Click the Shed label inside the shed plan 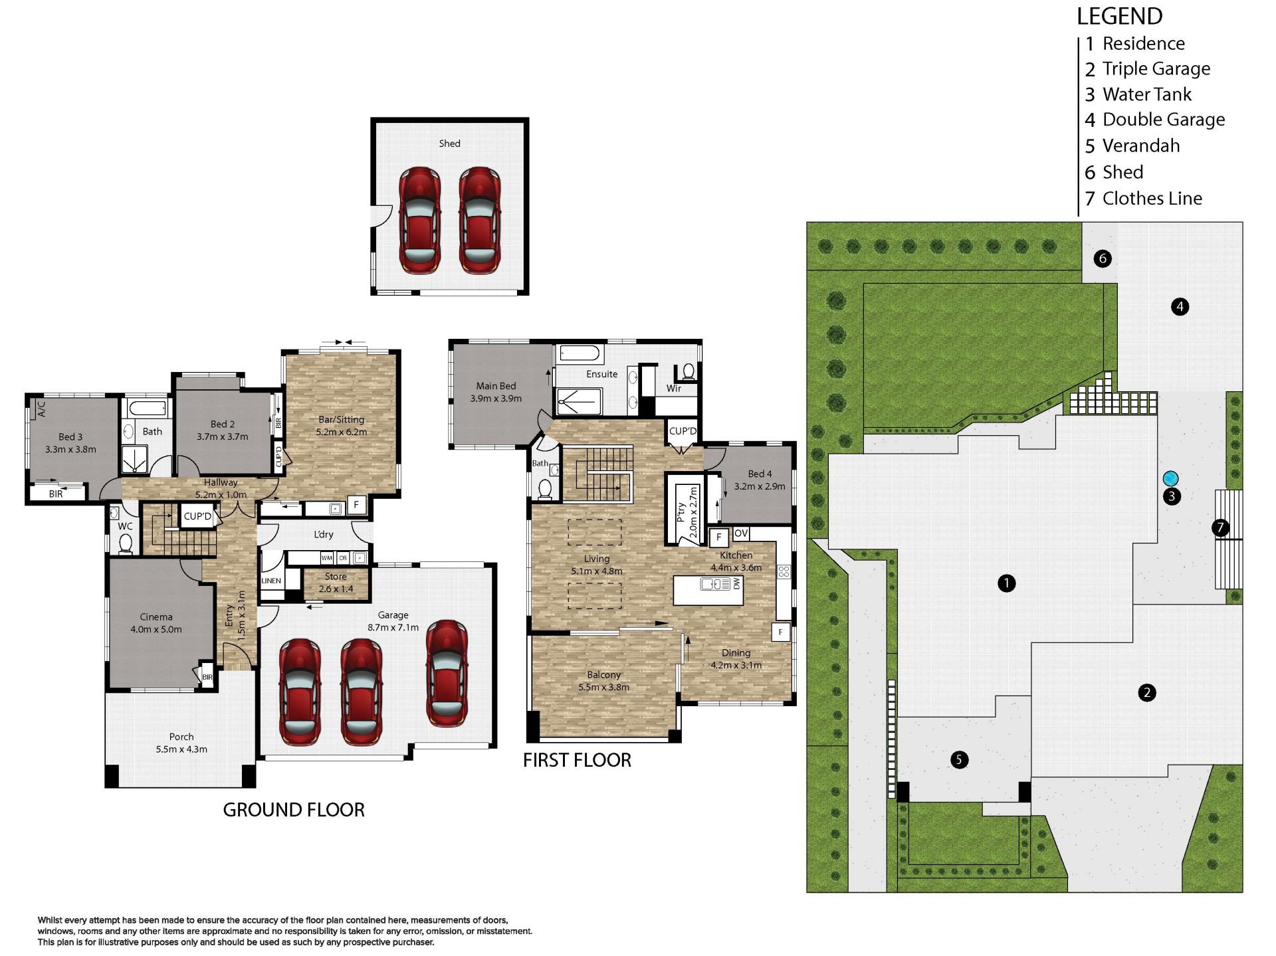449,143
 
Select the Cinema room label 156,617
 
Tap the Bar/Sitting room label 341,420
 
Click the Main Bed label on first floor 496,386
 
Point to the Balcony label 603,675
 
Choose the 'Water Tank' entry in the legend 1138,94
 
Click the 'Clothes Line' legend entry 1143,198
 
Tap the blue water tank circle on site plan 1170,478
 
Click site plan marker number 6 1103,258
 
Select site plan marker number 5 959,759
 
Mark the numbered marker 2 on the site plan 1147,693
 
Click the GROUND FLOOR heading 294,810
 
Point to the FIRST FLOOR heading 577,760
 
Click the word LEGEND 1120,16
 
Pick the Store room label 336,577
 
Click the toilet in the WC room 125,543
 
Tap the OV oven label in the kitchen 741,533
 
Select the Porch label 181,737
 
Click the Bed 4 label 760,474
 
